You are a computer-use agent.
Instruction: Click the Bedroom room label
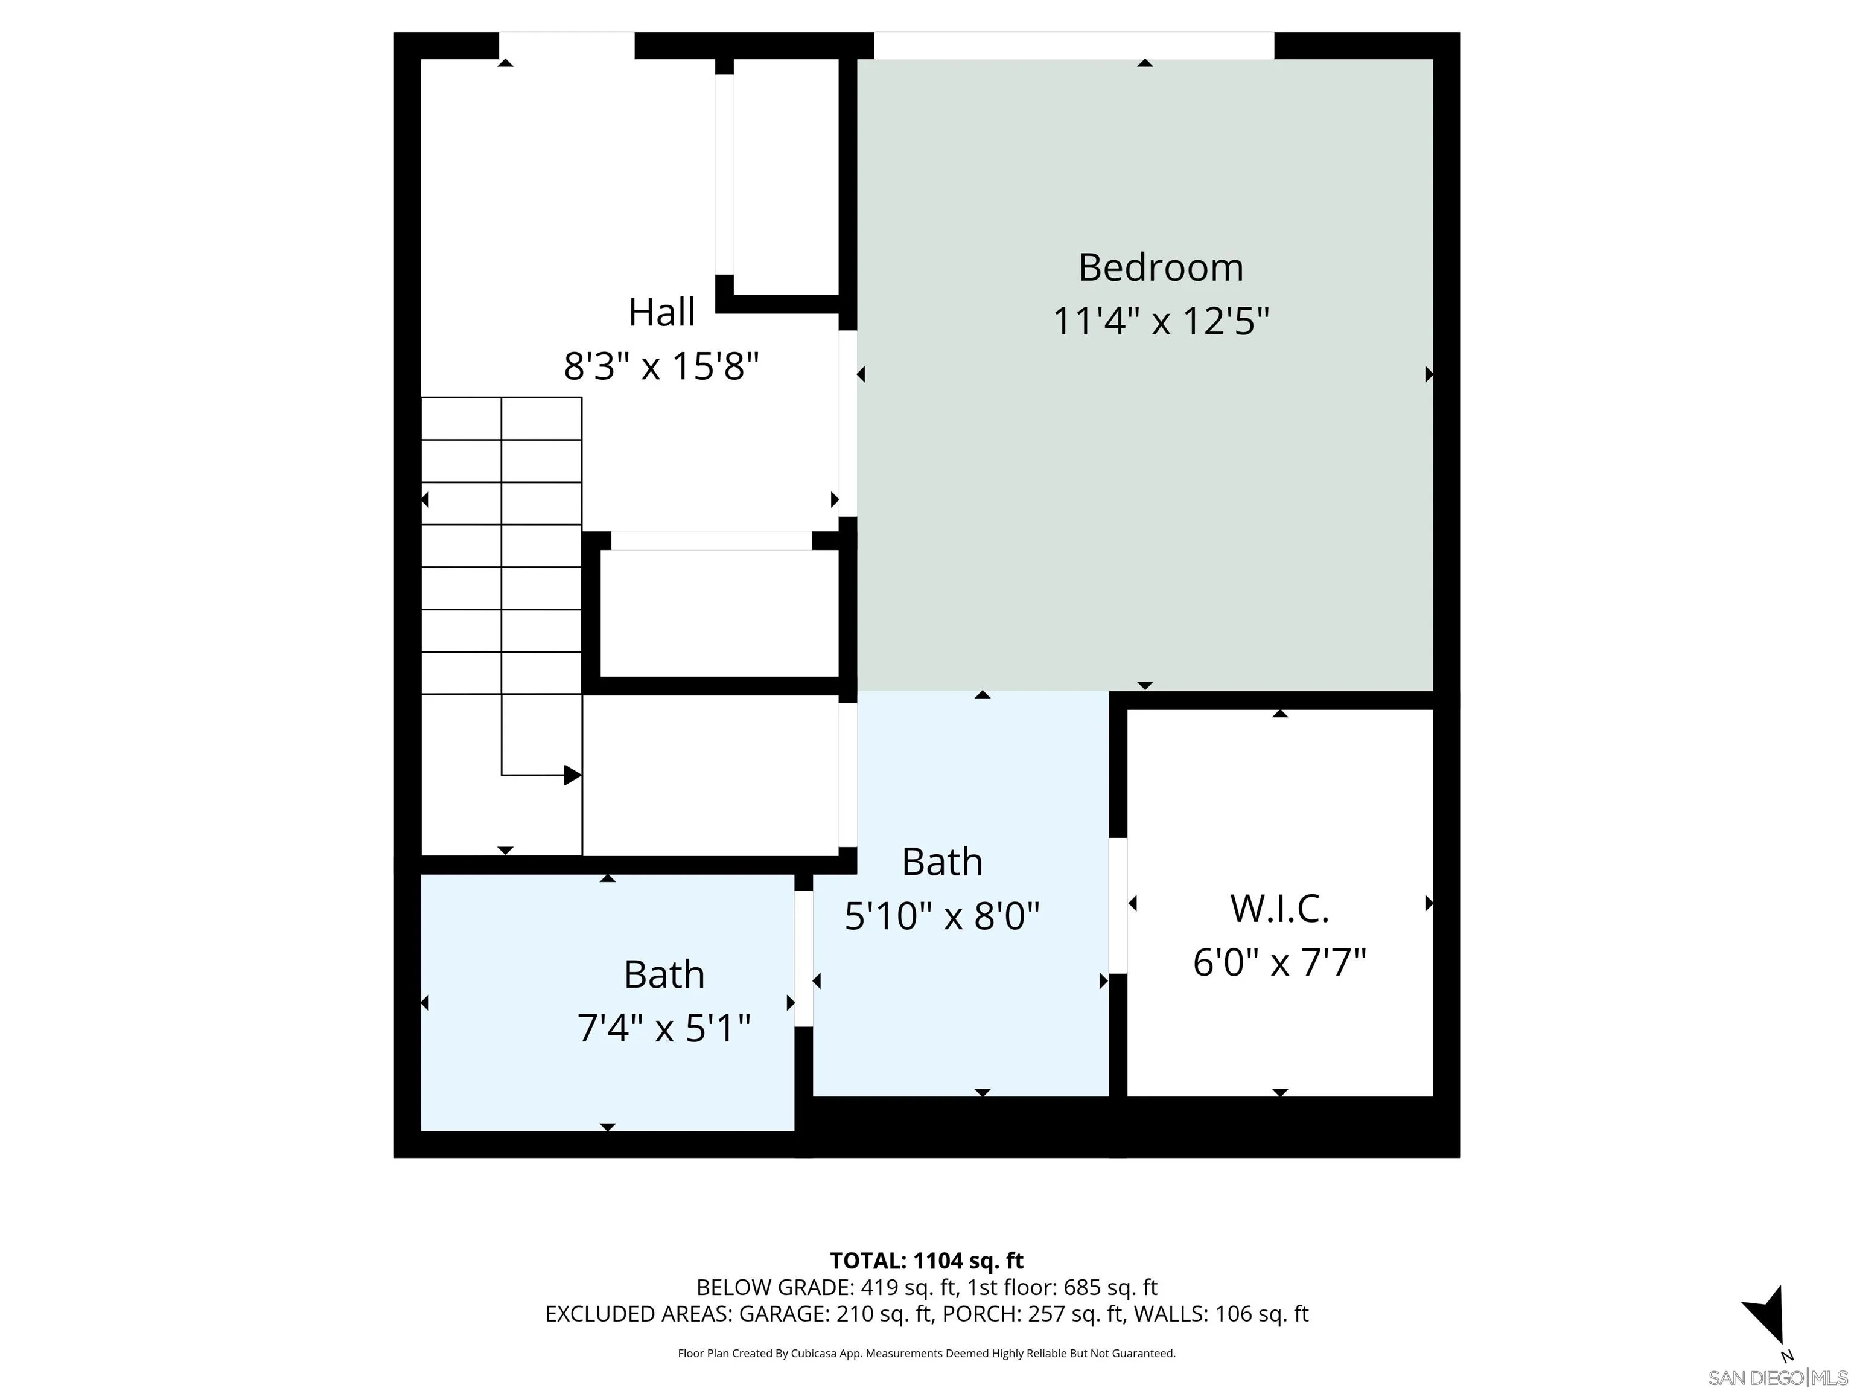[x=1160, y=267]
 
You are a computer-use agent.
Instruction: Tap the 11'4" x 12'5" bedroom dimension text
[x=1160, y=321]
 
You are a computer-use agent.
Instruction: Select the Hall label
[x=661, y=313]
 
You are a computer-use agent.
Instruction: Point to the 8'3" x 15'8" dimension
[x=661, y=366]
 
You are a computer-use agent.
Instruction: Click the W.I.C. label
[x=1279, y=908]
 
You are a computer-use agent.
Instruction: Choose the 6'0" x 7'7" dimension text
[x=1279, y=962]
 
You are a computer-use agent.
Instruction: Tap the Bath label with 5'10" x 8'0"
[x=941, y=862]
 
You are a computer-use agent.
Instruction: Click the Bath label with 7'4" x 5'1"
[x=663, y=974]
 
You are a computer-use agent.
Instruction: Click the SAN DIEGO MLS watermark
[x=1777, y=1378]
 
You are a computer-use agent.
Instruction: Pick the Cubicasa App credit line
[x=926, y=1352]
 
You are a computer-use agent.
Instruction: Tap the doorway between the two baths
[x=803, y=958]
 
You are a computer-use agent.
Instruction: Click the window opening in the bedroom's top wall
[x=1074, y=45]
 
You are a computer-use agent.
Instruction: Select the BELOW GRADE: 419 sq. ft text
[x=826, y=1287]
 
